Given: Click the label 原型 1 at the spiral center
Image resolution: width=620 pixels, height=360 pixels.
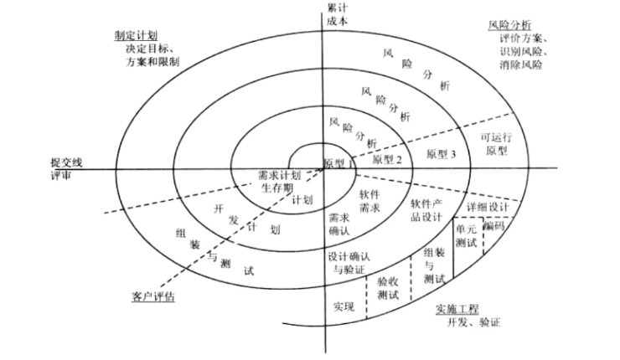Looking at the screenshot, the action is pyautogui.click(x=338, y=162).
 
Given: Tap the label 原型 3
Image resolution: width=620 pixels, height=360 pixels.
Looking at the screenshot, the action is pyautogui.click(x=442, y=154).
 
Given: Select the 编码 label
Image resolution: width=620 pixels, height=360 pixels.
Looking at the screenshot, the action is pyautogui.click(x=493, y=225).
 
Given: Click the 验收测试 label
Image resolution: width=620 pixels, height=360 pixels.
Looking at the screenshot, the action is pyautogui.click(x=389, y=289).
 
